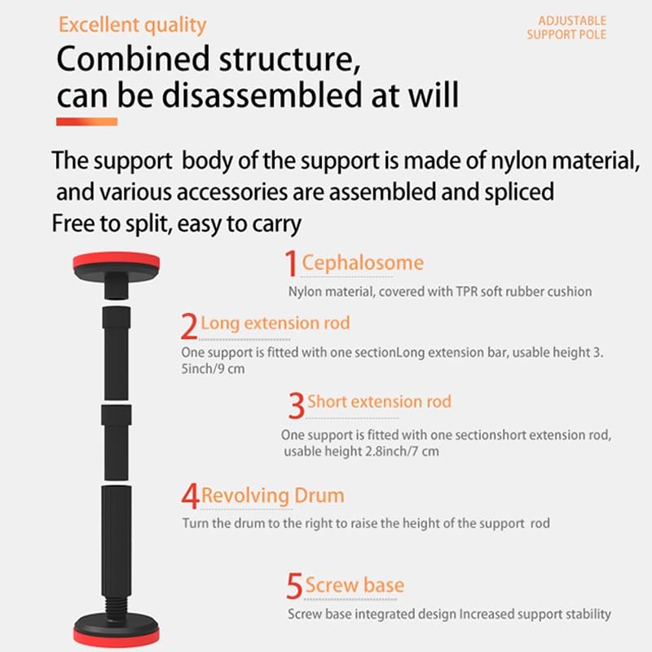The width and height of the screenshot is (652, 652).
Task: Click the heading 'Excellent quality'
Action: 132,25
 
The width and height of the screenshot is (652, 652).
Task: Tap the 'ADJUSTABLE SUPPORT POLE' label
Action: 566,28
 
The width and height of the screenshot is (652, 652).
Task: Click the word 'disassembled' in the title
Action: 262,95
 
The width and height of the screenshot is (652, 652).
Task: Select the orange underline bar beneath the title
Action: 86,121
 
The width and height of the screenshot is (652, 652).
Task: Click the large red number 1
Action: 291,263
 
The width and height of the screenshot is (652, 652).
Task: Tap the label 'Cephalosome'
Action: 363,263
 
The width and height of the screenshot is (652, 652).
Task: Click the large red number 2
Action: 189,326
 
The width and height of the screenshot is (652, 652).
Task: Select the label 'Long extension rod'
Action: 275,324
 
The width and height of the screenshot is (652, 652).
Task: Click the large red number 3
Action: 297,405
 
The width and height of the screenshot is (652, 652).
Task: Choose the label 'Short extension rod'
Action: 379,402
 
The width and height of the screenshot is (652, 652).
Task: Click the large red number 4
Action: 190,496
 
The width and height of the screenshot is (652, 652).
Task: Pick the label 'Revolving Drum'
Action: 273,496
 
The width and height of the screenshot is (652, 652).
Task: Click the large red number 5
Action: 294,585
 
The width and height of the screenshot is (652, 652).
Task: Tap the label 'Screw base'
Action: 355,585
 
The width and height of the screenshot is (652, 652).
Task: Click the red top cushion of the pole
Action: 116,261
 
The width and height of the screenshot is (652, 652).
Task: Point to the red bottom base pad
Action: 116,637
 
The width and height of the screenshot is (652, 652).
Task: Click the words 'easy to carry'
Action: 239,224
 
